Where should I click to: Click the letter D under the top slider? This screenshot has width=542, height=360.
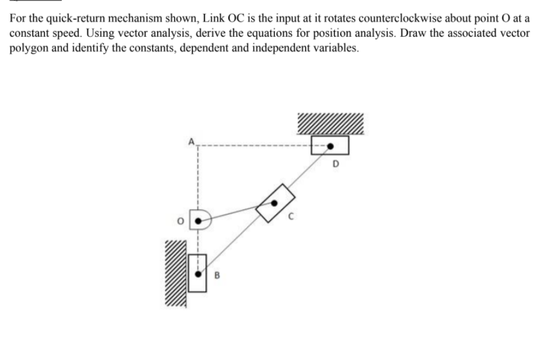coord(336,162)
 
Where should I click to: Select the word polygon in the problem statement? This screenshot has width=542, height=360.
coord(26,48)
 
